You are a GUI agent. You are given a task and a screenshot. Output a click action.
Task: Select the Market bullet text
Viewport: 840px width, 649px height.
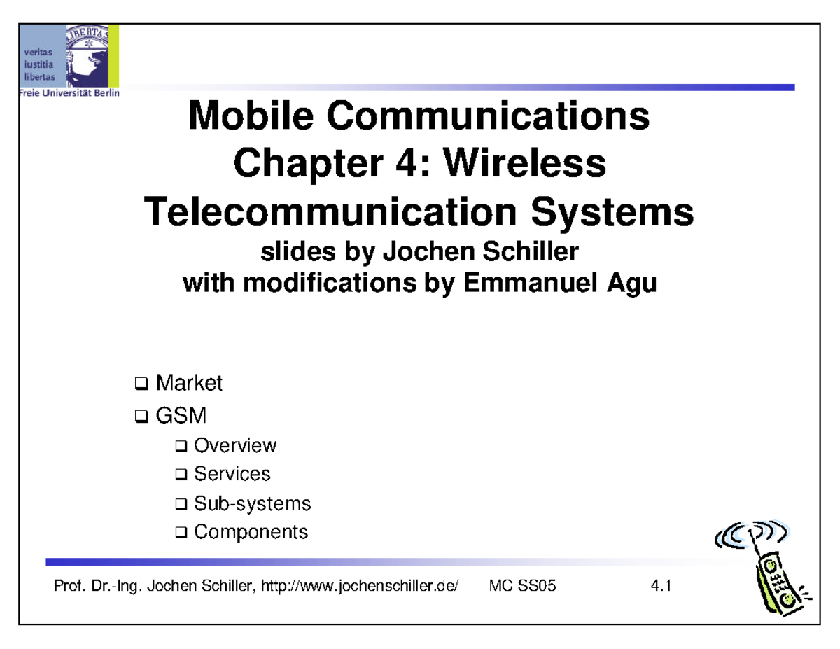pos(188,383)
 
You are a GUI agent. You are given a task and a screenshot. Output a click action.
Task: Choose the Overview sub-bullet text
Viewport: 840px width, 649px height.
pos(234,445)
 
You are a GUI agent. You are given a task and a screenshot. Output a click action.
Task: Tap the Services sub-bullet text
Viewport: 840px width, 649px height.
pos(232,474)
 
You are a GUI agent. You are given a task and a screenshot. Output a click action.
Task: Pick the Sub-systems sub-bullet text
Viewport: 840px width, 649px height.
pos(252,503)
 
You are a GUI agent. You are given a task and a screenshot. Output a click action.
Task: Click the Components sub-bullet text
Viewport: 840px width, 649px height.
pos(251,532)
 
